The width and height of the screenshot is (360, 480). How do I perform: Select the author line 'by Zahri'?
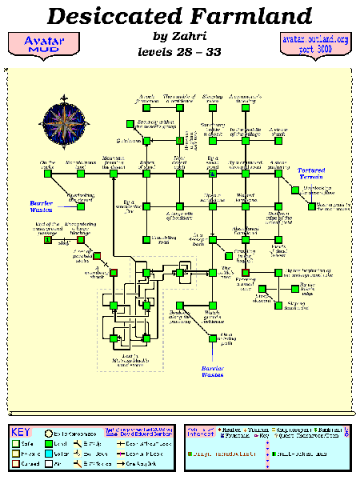179,36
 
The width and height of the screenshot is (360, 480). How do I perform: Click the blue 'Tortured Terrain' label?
312,174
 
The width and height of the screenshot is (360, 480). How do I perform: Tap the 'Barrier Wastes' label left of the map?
41,204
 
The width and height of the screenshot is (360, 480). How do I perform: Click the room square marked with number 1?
47,238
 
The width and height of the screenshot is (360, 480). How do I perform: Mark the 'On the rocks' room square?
47,173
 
